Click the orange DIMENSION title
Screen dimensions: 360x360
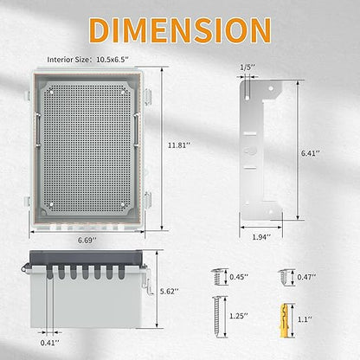(x=180, y=29)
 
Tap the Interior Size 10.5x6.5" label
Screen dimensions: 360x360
(x=88, y=60)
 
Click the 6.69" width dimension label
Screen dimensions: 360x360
(x=87, y=240)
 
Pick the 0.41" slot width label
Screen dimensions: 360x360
(x=50, y=343)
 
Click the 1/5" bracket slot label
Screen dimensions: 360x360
(x=247, y=67)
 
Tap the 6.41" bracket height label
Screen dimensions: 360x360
(x=311, y=153)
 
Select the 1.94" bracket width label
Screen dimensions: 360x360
(x=261, y=237)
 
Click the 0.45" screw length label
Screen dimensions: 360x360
(x=239, y=277)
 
